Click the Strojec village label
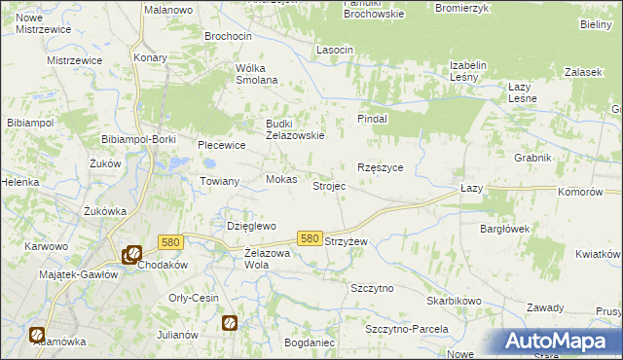point(328,185)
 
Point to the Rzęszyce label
point(381,167)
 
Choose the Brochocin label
point(228,36)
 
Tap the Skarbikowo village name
point(454,301)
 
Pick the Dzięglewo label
point(252,226)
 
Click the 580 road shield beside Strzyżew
point(310,238)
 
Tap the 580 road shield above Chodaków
point(170,242)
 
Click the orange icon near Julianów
point(230,322)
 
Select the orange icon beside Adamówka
point(37,335)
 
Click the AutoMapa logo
point(561,342)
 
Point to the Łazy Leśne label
point(531,92)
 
